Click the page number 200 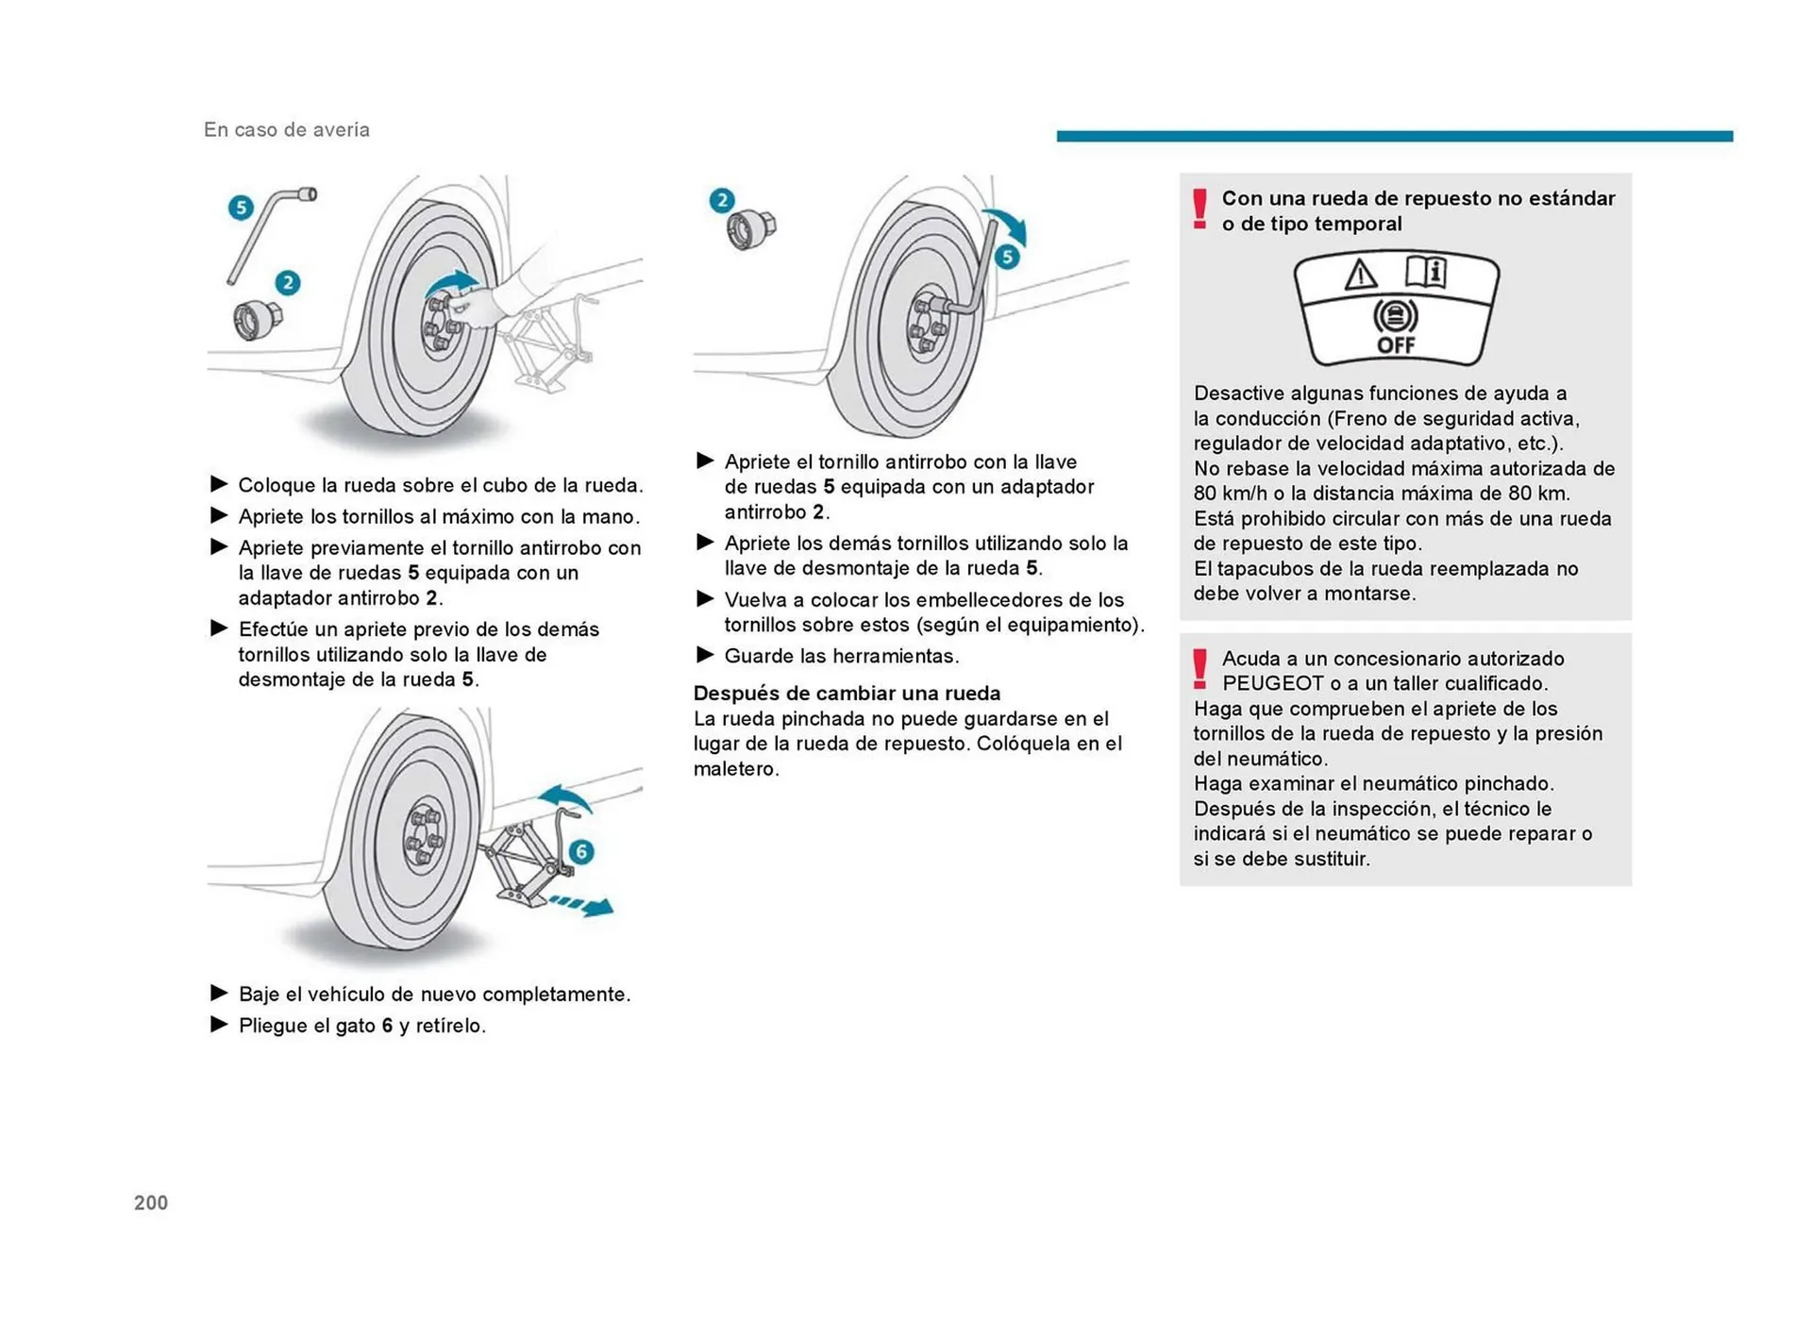(x=151, y=1202)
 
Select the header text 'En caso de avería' (x=286, y=130)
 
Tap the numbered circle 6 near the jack (x=581, y=851)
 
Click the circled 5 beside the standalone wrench (x=241, y=207)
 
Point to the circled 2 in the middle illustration (x=722, y=200)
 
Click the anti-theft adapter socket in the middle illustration (x=751, y=228)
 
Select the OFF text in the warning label (x=1395, y=345)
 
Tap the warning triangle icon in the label (x=1360, y=275)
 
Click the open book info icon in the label (x=1425, y=272)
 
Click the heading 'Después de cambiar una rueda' (x=847, y=693)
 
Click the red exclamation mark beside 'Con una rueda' (x=1200, y=209)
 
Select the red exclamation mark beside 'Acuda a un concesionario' (x=1200, y=669)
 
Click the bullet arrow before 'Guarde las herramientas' (x=705, y=655)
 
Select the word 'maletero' (x=735, y=768)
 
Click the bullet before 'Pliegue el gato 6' (x=219, y=1025)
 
